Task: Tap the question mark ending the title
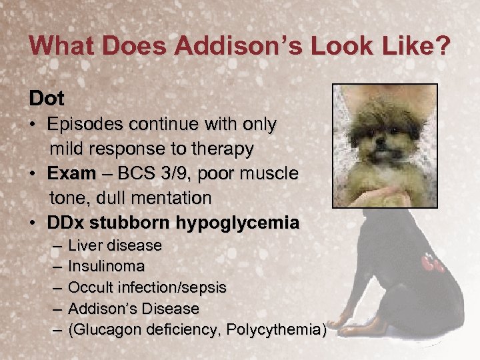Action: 442,46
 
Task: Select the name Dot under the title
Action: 47,99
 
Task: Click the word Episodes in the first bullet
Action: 83,125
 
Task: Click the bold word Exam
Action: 71,173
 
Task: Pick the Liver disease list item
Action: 115,245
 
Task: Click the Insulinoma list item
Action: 106,267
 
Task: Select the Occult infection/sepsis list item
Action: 147,288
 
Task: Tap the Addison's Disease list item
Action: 133,309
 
